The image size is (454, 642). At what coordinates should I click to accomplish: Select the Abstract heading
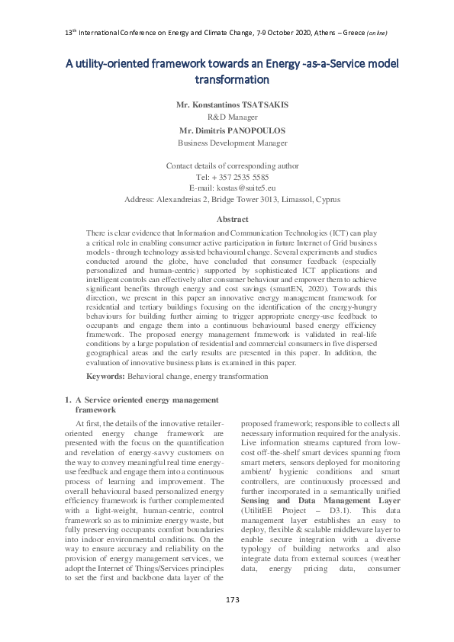point(232,219)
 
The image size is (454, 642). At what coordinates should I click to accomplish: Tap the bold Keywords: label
point(105,377)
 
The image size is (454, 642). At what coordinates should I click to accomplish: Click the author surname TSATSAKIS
point(256,103)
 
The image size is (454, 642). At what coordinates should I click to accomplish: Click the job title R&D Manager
point(232,117)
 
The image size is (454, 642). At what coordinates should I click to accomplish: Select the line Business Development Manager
point(232,143)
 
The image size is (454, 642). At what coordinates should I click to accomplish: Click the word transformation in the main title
point(232,79)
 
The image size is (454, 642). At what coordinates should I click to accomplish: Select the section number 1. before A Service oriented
point(67,400)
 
